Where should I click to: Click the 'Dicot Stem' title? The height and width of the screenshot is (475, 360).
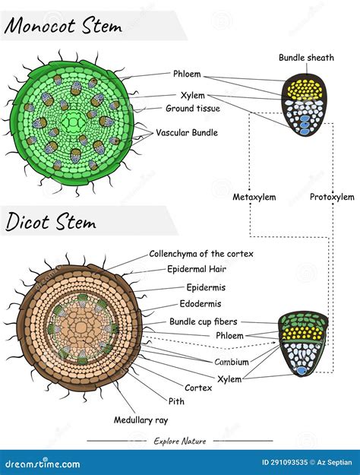click(x=51, y=222)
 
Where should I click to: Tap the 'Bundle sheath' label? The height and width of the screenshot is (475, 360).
click(x=306, y=57)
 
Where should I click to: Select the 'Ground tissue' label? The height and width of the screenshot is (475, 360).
click(x=193, y=109)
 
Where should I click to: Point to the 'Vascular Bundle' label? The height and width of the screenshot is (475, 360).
click(x=187, y=132)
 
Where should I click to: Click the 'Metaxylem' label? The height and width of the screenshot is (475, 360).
click(x=254, y=198)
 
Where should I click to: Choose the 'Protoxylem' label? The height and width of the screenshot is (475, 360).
click(x=329, y=198)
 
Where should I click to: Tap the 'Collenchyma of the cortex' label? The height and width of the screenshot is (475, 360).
click(x=201, y=254)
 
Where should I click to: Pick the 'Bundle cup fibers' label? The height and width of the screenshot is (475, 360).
click(x=203, y=321)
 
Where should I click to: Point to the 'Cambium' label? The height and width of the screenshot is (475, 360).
click(x=231, y=363)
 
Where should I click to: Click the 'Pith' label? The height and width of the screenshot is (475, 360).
click(x=176, y=401)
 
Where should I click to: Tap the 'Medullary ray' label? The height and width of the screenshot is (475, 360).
click(x=141, y=420)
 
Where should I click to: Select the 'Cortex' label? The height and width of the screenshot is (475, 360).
click(x=197, y=387)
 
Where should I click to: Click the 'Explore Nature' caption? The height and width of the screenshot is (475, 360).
click(x=179, y=441)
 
